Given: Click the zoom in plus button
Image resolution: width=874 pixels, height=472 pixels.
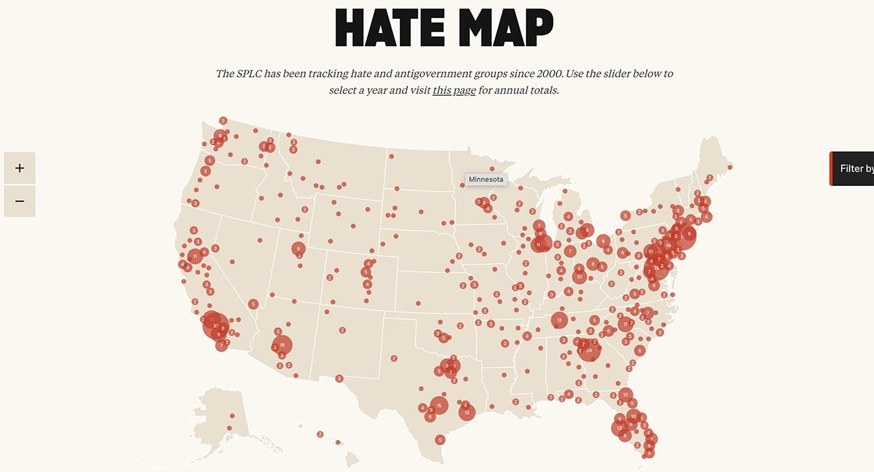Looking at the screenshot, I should coord(20,169).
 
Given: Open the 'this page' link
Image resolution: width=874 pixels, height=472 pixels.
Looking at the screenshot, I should coord(454,90).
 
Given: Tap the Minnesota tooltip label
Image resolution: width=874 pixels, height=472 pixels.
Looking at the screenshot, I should coord(485,180).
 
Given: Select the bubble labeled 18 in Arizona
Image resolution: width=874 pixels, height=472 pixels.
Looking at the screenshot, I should coord(282,345).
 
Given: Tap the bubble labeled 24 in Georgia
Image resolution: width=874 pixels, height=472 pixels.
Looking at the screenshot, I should coord(589,350).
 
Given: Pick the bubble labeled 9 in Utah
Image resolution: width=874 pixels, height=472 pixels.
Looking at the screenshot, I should coord(299,248).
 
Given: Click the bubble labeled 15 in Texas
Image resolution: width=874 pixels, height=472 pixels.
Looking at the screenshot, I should coord(438,406).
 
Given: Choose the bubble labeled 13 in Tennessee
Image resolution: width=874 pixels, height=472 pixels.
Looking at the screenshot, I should coord(559,320).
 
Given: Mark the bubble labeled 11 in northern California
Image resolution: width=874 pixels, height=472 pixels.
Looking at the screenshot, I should coord(194,257).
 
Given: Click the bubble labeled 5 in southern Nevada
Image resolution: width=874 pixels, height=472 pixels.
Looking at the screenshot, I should coord(253,304).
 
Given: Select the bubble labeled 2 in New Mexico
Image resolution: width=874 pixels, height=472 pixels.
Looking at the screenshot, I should coord(343,330).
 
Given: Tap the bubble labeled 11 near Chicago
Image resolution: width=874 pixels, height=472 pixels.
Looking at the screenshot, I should coord(538,245).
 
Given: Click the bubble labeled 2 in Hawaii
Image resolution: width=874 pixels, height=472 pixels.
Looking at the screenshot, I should coord(320,434).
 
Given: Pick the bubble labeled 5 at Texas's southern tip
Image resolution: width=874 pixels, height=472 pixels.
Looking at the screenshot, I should coord(439,440).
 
